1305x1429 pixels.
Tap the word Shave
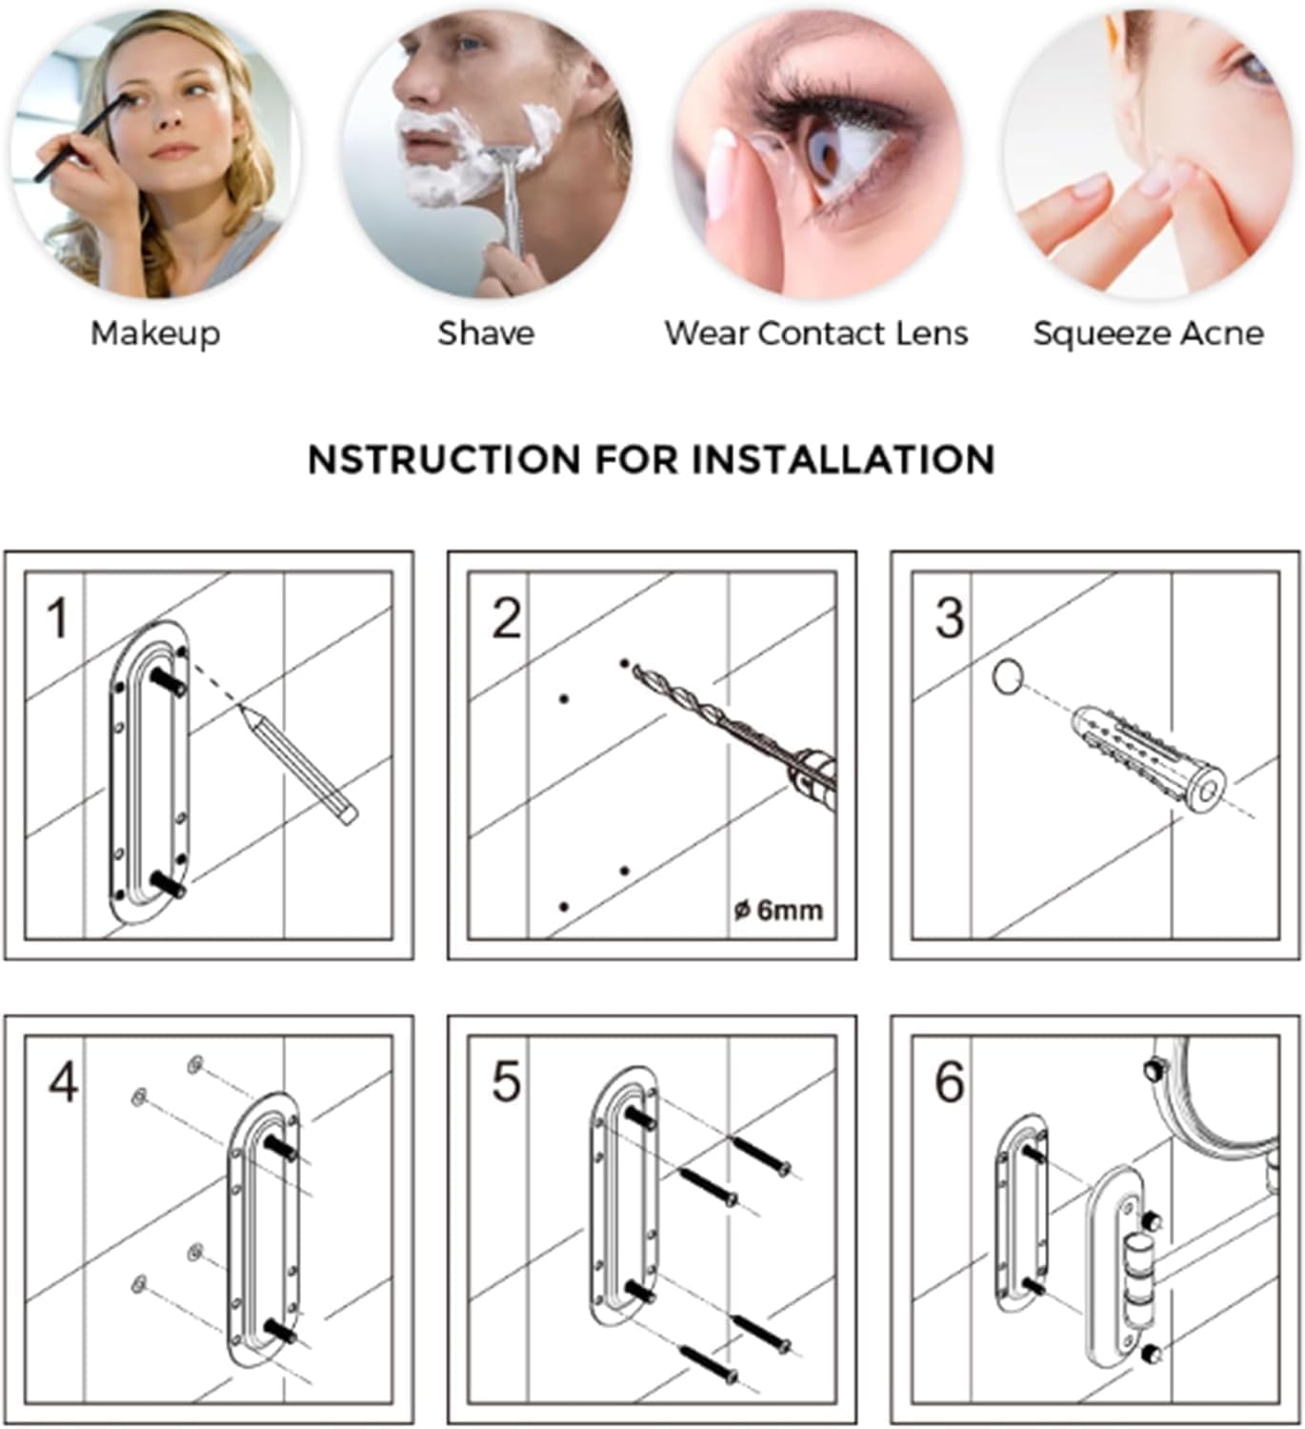coord(486,333)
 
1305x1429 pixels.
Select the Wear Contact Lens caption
coord(815,333)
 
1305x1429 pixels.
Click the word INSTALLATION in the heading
coord(843,459)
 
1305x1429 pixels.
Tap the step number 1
coord(58,618)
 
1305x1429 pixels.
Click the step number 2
coord(507,618)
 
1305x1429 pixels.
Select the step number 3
coord(950,618)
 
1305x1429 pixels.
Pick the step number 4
coord(63,1083)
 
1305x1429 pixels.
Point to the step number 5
coord(506,1083)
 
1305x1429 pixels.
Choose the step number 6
coord(950,1083)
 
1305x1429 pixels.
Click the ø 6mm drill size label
coord(778,911)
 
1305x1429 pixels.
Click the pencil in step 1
coord(298,764)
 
